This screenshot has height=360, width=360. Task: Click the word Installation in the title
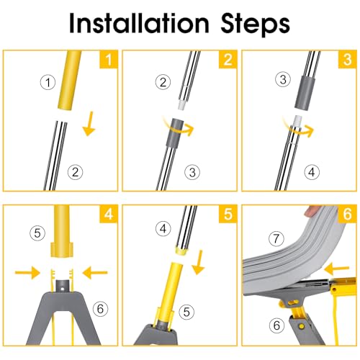(x=139, y=23)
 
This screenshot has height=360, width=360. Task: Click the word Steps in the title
(x=255, y=24)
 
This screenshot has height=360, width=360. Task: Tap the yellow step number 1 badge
(x=109, y=59)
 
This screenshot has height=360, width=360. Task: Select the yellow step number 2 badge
(x=228, y=59)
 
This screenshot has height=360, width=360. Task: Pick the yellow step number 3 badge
(x=347, y=59)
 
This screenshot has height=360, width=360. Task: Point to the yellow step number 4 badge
(x=109, y=214)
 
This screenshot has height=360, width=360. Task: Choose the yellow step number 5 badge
(x=228, y=214)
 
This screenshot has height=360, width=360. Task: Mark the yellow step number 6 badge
(x=347, y=214)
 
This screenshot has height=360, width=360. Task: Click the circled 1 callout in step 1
(x=48, y=82)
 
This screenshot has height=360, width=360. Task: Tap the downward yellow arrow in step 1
(x=89, y=124)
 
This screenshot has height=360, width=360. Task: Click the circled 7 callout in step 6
(x=276, y=238)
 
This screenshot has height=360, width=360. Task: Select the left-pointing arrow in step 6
(x=336, y=269)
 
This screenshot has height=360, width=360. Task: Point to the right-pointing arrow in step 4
(x=27, y=273)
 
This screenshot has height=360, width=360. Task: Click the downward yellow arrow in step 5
(x=199, y=262)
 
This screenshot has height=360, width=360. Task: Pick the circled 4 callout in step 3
(x=312, y=172)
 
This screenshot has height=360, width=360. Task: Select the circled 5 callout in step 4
(x=37, y=233)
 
